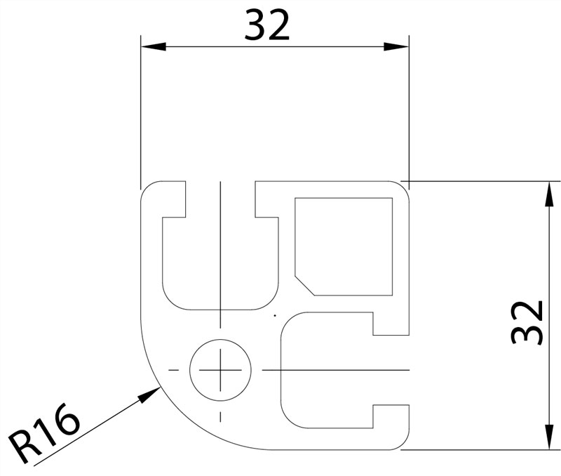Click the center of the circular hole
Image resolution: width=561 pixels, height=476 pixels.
click(x=220, y=369)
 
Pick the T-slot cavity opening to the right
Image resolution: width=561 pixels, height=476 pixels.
click(x=326, y=369)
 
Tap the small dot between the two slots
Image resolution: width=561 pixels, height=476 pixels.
click(x=275, y=315)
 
